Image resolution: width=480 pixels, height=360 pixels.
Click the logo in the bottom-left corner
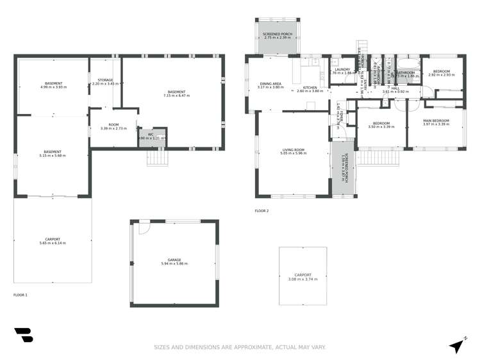[23, 336]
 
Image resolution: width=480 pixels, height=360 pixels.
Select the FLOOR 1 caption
[21, 295]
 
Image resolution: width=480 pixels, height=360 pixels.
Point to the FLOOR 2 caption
[261, 211]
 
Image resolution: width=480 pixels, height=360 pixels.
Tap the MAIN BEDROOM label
[436, 120]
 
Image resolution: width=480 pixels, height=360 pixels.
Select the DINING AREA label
[270, 83]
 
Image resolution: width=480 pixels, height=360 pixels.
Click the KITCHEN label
[310, 87]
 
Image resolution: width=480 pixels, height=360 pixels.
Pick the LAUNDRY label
[342, 69]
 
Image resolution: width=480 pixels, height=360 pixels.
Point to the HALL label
[395, 88]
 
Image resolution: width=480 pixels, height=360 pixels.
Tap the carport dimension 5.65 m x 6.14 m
[53, 243]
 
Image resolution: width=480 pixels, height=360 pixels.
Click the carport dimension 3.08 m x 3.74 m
[303, 279]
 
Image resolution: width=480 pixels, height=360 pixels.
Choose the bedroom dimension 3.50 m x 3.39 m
[381, 127]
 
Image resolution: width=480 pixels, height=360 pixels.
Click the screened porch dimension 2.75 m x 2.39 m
[277, 37]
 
